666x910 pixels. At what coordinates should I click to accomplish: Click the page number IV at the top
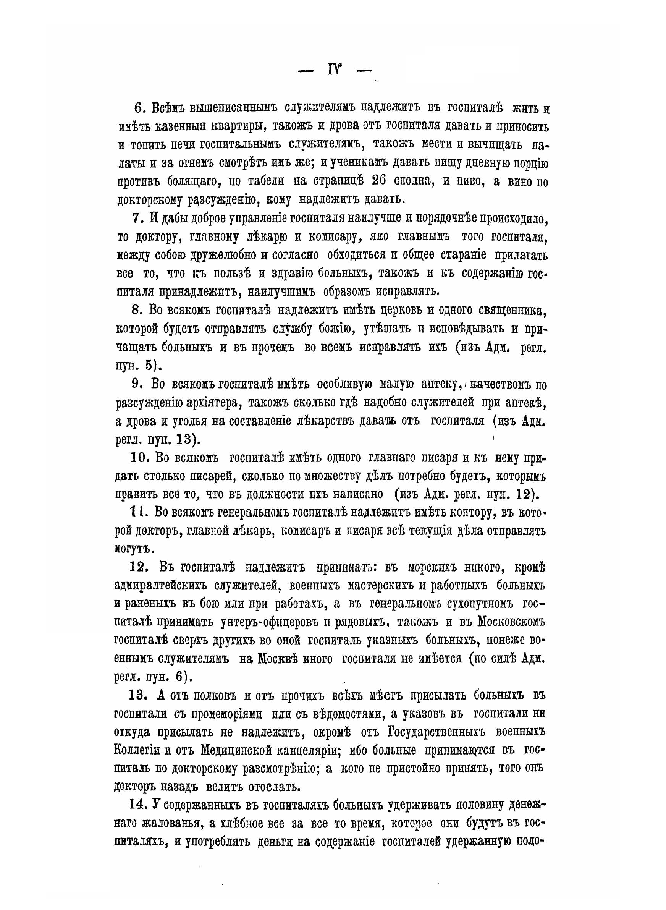(x=334, y=71)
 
